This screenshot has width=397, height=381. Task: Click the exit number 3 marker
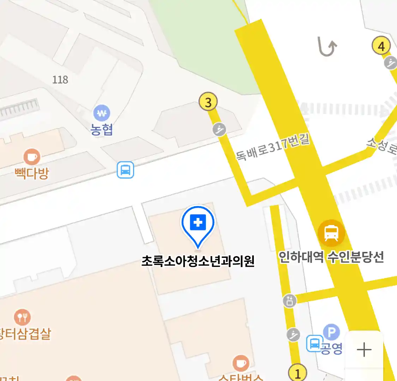click(x=208, y=102)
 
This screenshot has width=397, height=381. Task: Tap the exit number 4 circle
click(x=381, y=46)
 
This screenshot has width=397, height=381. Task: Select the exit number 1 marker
click(x=297, y=373)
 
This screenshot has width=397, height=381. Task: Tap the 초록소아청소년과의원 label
click(x=198, y=261)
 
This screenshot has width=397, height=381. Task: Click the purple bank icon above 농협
click(x=102, y=113)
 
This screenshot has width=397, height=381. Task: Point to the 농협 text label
click(x=102, y=129)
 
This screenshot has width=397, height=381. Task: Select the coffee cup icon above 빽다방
click(x=32, y=157)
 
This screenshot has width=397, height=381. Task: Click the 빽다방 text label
click(x=32, y=173)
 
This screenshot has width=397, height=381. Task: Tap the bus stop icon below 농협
click(x=126, y=170)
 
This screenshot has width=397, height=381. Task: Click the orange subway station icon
click(x=331, y=233)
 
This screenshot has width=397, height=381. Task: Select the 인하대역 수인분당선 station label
click(x=331, y=257)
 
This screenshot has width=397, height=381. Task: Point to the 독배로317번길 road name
click(x=272, y=147)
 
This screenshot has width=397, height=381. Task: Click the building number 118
click(x=60, y=80)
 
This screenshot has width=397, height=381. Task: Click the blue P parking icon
click(x=331, y=332)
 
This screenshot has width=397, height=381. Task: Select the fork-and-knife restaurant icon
click(x=22, y=317)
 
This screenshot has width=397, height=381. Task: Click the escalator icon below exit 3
click(x=219, y=129)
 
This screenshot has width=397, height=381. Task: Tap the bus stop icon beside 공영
click(x=314, y=343)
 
